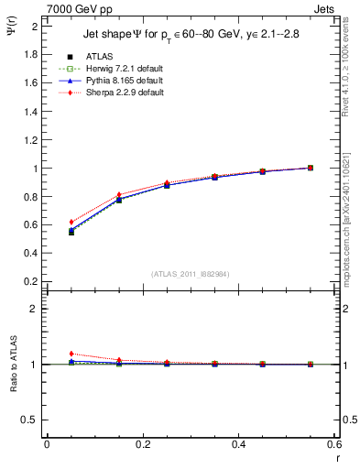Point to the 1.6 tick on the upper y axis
click(30, 82)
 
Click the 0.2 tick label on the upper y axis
click(30, 281)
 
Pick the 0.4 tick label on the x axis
click(238, 444)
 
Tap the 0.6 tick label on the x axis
click(334, 444)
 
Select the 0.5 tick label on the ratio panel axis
click(30, 420)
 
